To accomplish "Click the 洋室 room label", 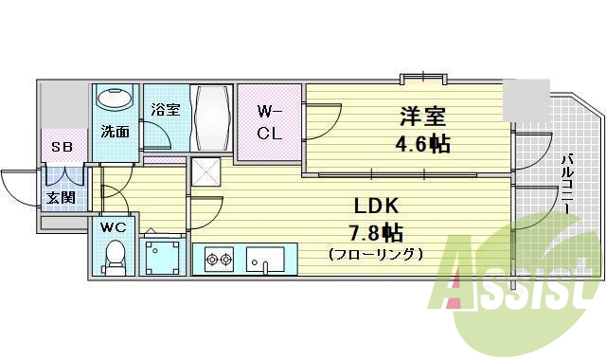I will (x=422, y=118).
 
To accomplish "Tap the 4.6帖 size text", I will (x=422, y=145).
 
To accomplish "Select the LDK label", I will (x=376, y=206).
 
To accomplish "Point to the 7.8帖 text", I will (x=376, y=232).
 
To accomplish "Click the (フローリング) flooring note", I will (x=376, y=254).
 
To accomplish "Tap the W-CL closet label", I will (x=269, y=121).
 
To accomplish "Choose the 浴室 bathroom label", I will (x=166, y=110).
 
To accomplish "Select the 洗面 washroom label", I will (x=116, y=132).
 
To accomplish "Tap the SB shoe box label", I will (x=62, y=148).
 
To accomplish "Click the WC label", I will (x=114, y=227).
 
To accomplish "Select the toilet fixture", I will (x=116, y=256).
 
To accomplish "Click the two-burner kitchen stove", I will (x=218, y=259).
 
